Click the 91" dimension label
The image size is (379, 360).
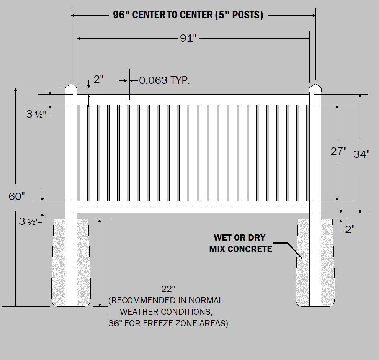[188, 38]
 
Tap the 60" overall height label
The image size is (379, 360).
[17, 196]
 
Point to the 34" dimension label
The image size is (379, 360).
[362, 154]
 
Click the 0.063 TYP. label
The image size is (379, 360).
[165, 80]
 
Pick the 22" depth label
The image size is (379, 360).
[168, 289]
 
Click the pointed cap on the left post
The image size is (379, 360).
[71, 88]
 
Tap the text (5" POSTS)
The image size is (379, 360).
[239, 15]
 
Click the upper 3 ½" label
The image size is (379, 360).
[36, 114]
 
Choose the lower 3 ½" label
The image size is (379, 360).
[29, 221]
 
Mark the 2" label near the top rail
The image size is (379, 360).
[98, 79]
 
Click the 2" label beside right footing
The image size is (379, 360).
[350, 229]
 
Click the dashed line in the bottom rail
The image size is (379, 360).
[193, 207]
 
